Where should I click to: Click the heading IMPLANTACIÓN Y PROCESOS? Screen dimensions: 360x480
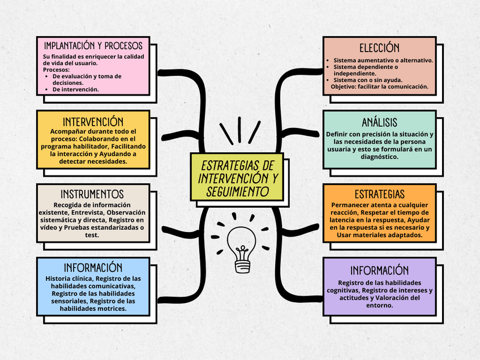(x=93, y=46)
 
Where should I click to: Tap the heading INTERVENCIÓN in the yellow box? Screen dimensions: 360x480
(x=93, y=122)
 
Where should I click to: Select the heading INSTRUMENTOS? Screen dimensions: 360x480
(x=92, y=194)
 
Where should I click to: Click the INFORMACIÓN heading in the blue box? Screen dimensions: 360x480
(x=93, y=268)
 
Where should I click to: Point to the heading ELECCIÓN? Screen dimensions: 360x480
(x=379, y=48)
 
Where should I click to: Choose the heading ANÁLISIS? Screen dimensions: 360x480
(x=379, y=122)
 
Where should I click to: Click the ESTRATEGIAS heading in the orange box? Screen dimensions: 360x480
(x=379, y=194)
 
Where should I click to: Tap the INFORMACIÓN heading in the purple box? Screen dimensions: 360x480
(x=379, y=270)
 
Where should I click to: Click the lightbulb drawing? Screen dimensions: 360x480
(x=242, y=250)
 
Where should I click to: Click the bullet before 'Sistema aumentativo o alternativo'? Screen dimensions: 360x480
(x=328, y=61)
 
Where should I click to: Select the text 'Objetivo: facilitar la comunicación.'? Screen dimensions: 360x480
(x=379, y=87)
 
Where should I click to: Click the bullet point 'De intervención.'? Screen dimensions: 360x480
(x=75, y=89)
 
